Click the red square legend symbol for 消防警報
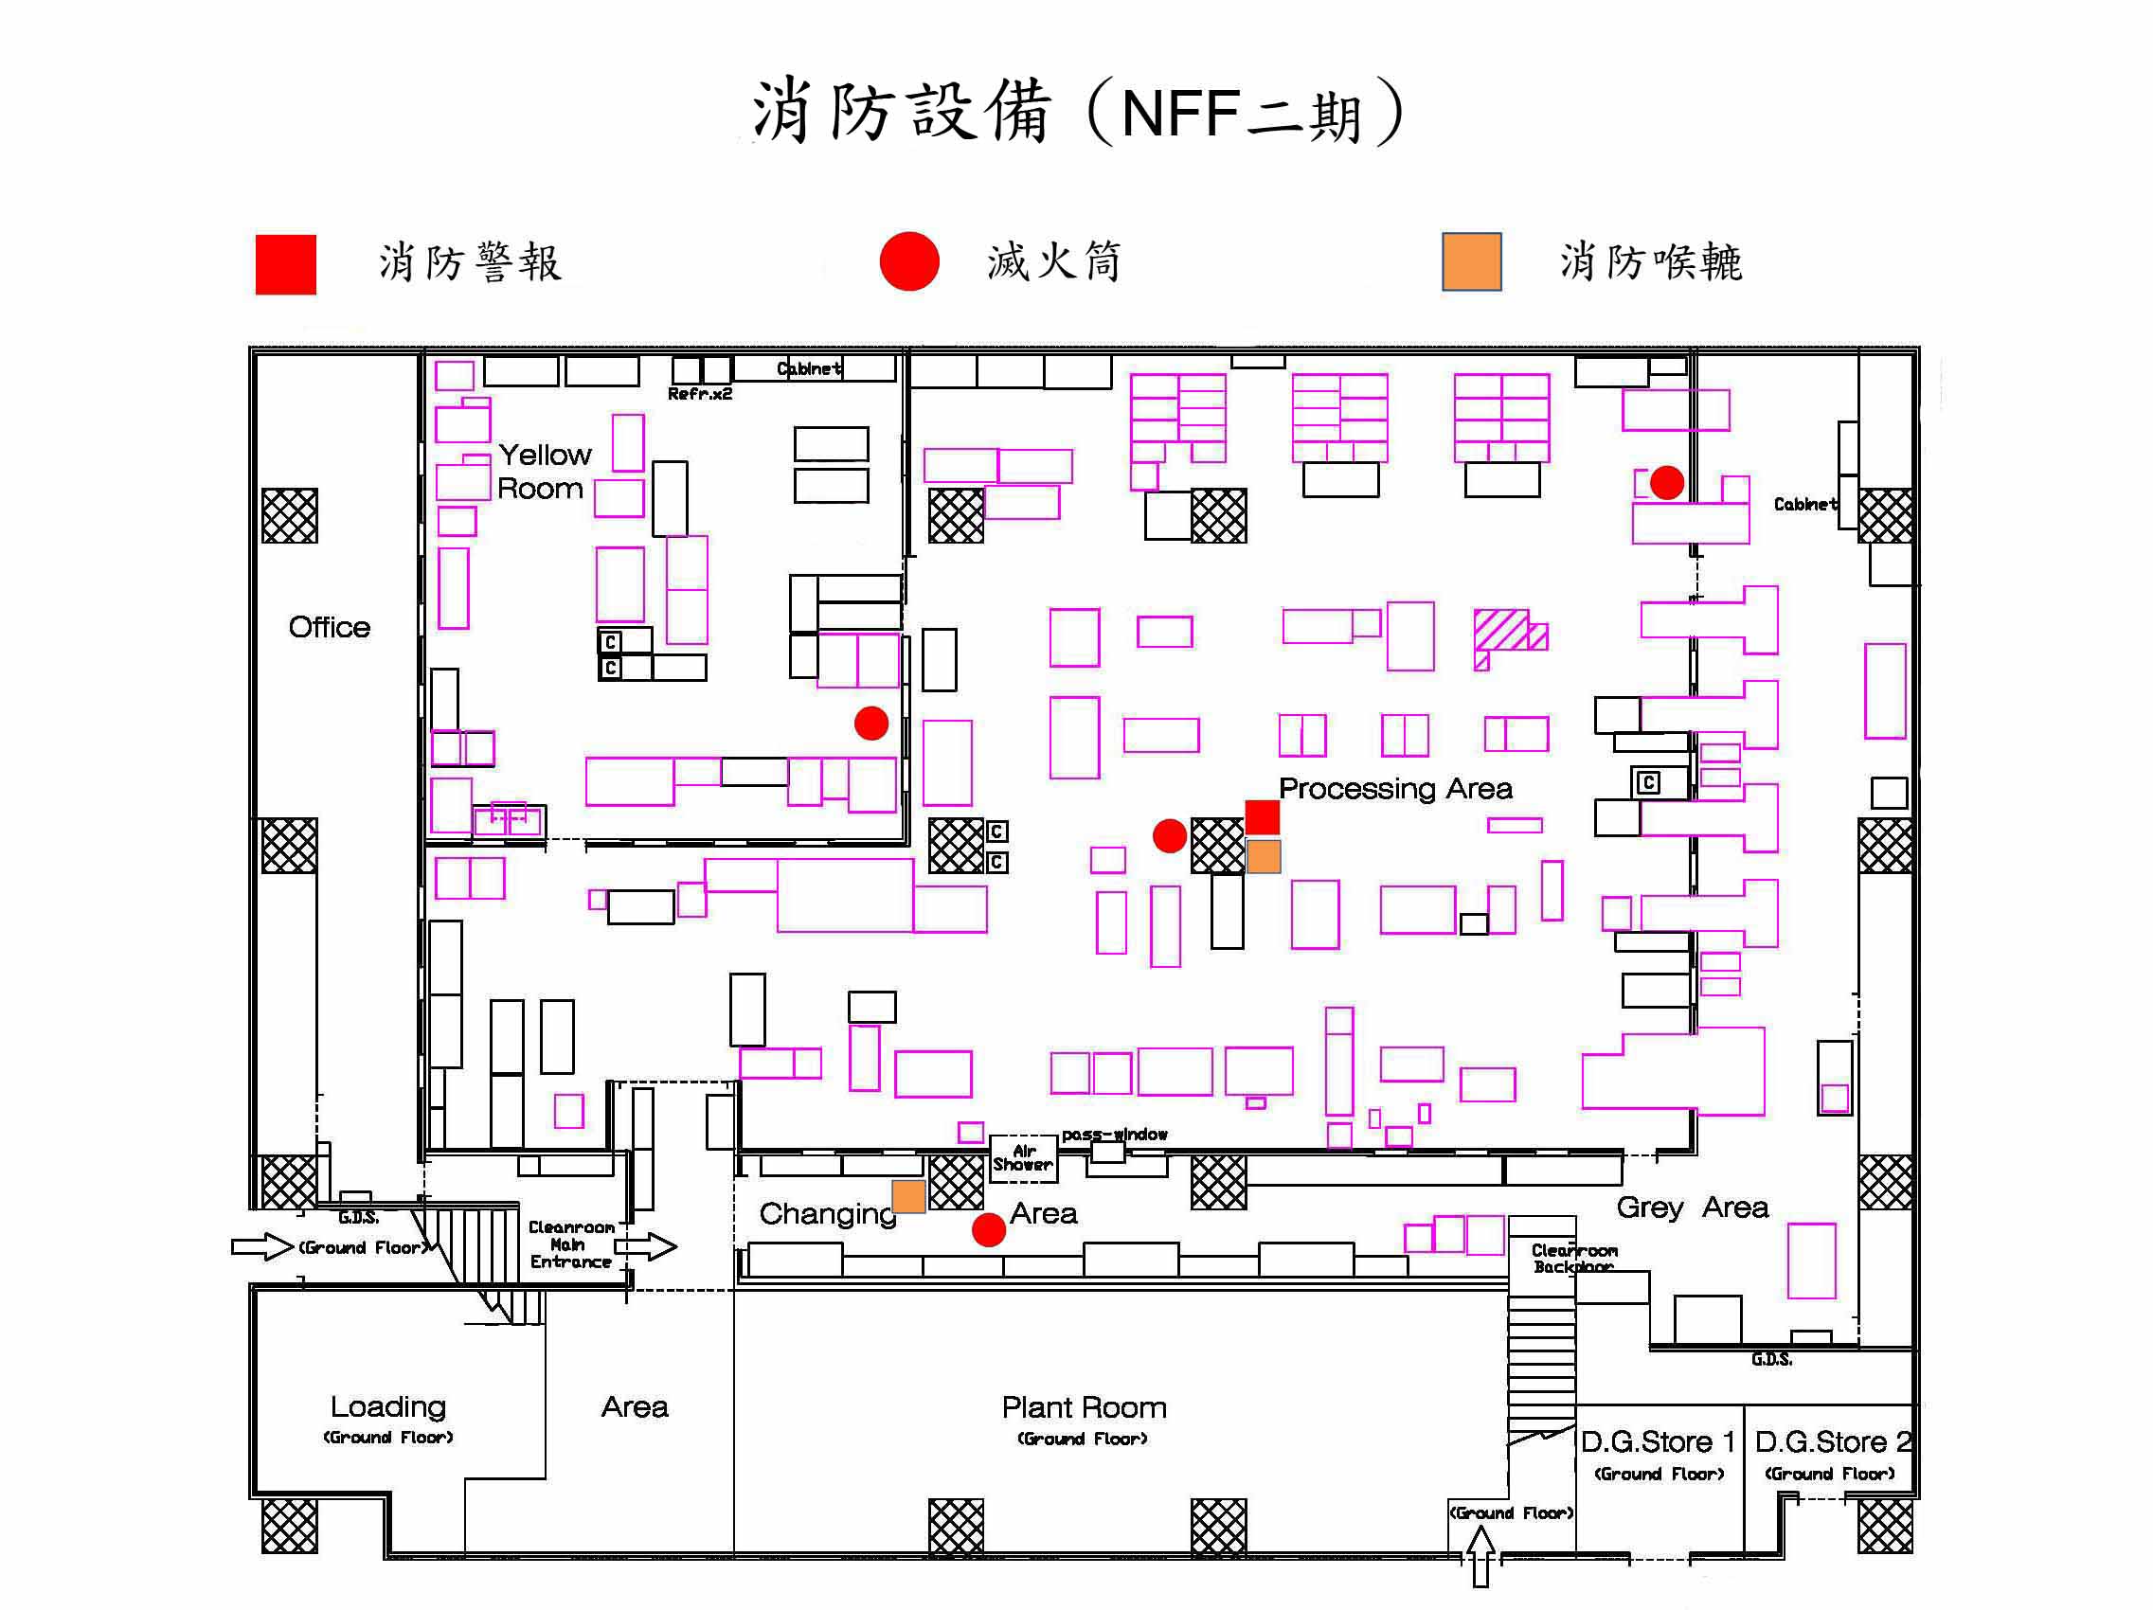click(x=285, y=264)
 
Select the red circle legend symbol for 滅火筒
click(x=908, y=260)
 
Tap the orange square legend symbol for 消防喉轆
click(x=1471, y=260)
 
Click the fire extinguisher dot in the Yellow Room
click(x=870, y=723)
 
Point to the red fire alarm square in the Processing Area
click(x=1262, y=816)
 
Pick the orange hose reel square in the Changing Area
click(x=908, y=1196)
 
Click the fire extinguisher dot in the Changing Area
click(x=988, y=1229)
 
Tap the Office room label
click(x=329, y=627)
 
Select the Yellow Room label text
click(x=543, y=471)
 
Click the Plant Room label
click(x=1084, y=1407)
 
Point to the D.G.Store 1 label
click(x=1658, y=1441)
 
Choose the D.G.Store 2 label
click(x=1833, y=1441)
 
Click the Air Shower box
click(x=1022, y=1157)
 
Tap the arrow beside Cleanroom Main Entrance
click(x=645, y=1246)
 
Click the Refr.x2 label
click(x=699, y=393)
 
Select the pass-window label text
click(x=1114, y=1134)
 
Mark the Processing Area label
click(x=1395, y=789)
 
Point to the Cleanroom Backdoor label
click(x=1573, y=1258)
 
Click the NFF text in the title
click(x=1179, y=114)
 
